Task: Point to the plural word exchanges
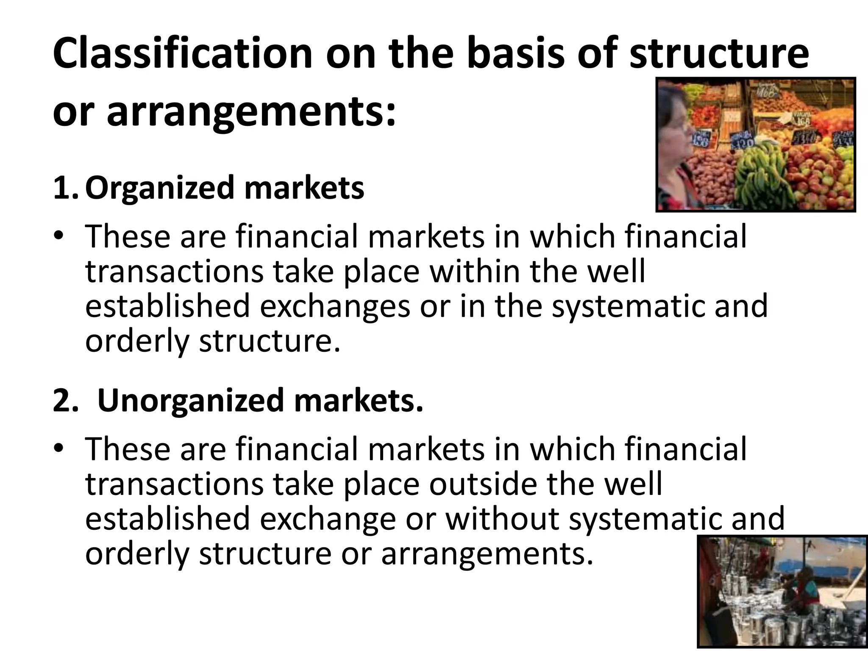click(335, 306)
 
